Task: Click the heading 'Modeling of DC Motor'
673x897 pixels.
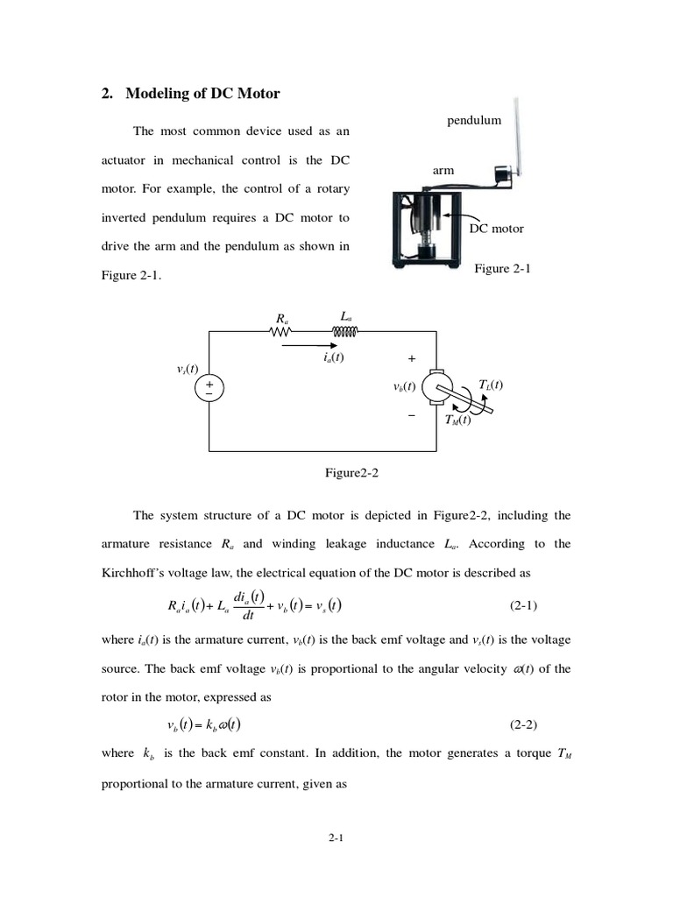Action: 202,94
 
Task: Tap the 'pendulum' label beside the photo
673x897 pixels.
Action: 474,120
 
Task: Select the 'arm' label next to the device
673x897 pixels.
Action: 443,170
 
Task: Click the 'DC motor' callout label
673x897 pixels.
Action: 496,229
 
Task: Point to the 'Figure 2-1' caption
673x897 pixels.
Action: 503,269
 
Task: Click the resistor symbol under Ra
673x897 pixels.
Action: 281,331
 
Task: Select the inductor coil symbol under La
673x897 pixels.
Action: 345,331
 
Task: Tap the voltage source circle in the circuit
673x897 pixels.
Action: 209,388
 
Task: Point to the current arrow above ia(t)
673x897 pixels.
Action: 308,344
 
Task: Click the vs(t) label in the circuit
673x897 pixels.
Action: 188,369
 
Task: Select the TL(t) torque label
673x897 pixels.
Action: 491,385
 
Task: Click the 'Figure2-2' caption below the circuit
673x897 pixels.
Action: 352,473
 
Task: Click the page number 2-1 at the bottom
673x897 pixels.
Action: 336,838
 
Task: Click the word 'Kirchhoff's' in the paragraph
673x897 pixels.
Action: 138,573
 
